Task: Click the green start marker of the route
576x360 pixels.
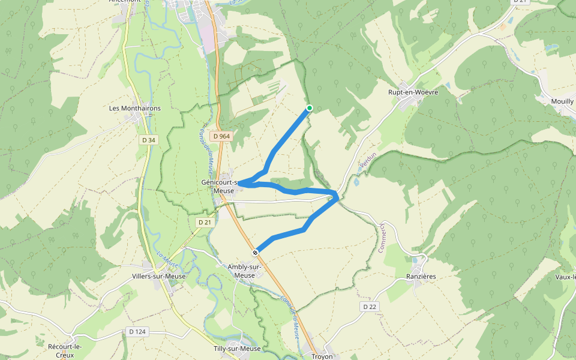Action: click(310, 108)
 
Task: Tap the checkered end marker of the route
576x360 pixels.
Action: click(256, 252)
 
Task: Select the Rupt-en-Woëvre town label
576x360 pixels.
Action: click(413, 92)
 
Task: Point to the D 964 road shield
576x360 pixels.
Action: click(221, 136)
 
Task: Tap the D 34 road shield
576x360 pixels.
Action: click(148, 140)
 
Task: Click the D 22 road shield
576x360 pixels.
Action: click(370, 307)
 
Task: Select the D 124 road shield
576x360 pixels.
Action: click(137, 331)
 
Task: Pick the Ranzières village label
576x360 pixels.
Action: click(420, 277)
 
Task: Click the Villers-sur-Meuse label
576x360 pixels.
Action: click(158, 277)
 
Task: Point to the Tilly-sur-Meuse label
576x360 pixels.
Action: click(237, 349)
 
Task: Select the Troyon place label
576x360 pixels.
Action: click(322, 356)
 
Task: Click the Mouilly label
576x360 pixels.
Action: click(562, 101)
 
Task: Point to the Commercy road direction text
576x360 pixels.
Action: click(381, 238)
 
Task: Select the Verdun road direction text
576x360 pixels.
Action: click(367, 160)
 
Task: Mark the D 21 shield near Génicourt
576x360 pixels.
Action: click(205, 222)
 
